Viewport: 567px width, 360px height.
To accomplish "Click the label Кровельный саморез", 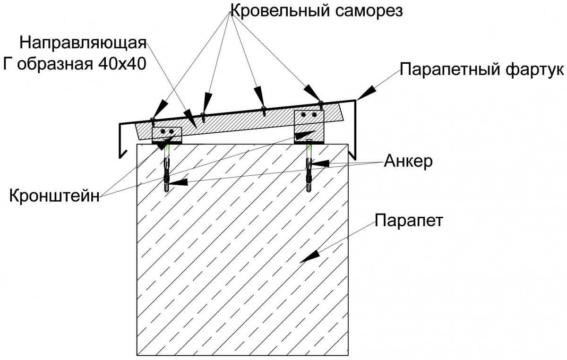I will tap(316, 10).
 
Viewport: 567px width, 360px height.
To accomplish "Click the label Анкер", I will tap(408, 161).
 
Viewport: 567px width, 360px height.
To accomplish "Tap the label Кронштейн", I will tap(54, 195).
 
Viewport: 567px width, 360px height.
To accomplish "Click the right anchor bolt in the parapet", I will tap(309, 168).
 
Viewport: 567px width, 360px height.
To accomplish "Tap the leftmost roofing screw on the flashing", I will tap(153, 119).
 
